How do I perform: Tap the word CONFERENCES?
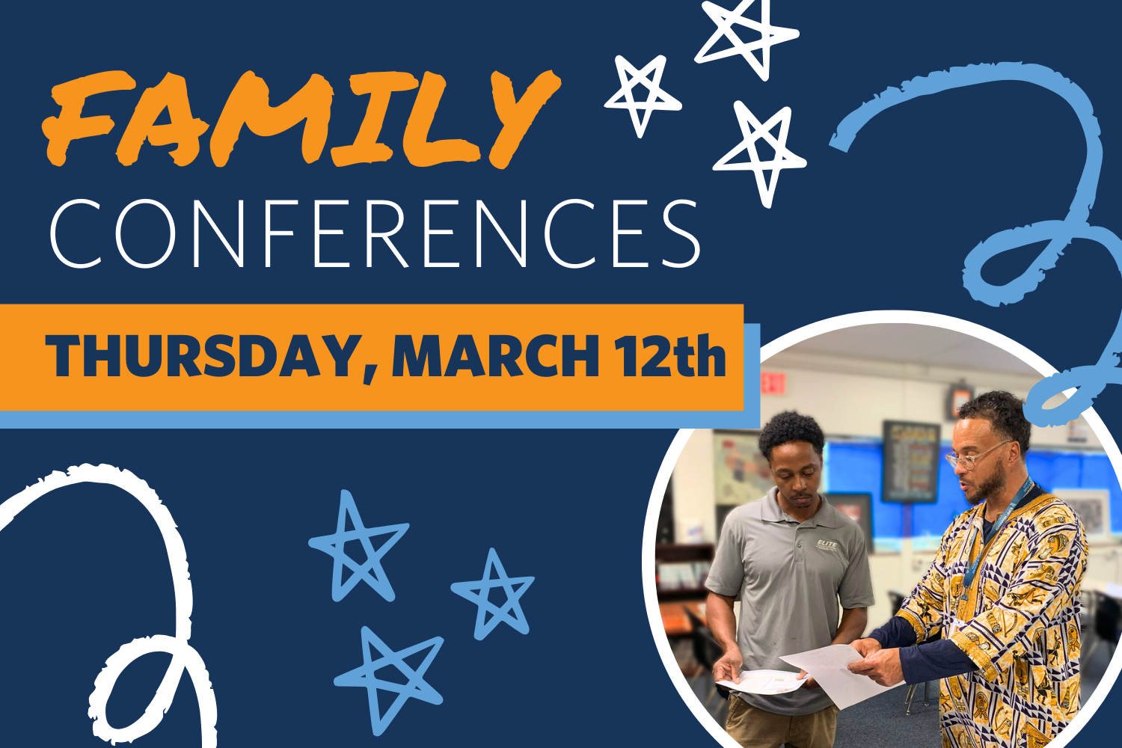click(374, 233)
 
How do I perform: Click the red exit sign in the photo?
click(773, 382)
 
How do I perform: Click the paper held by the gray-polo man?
click(763, 681)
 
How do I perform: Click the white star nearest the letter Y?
click(642, 93)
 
